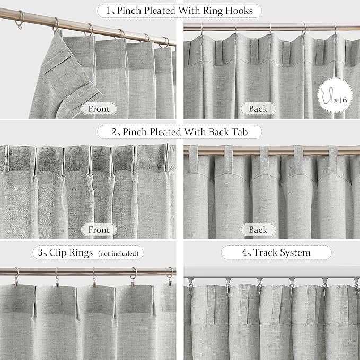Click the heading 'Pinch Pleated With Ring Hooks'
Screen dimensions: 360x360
(x=187, y=10)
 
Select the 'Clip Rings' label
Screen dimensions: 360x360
(x=68, y=253)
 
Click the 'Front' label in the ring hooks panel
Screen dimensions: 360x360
(x=99, y=109)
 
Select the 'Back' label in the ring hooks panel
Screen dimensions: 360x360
(x=258, y=109)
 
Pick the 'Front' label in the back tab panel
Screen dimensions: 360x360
(x=99, y=230)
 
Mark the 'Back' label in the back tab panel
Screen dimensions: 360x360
(x=258, y=230)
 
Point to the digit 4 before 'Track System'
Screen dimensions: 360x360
(x=245, y=253)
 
